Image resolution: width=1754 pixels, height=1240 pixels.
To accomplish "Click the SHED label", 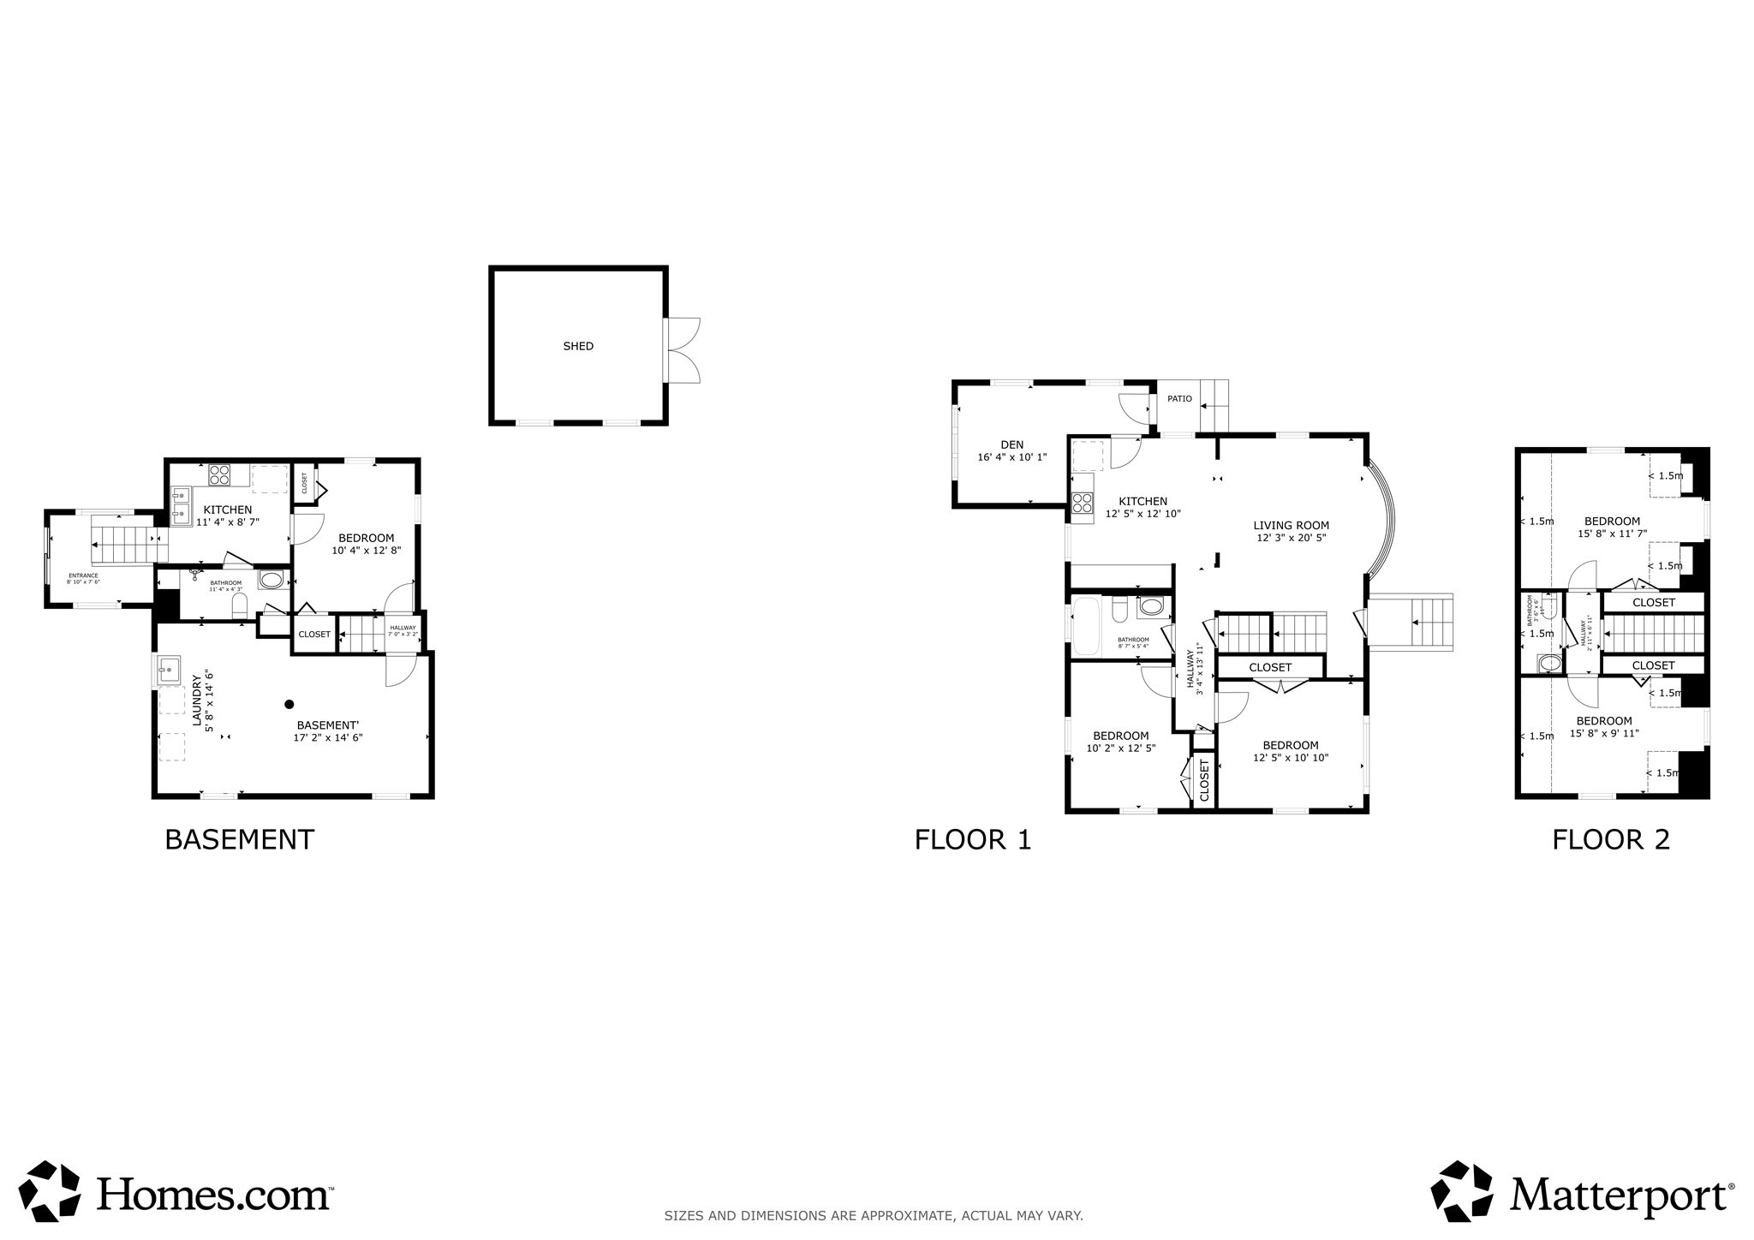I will (x=578, y=347).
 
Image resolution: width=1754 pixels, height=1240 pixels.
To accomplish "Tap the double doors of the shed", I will (x=683, y=349).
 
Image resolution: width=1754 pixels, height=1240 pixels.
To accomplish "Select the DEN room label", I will (x=1012, y=444).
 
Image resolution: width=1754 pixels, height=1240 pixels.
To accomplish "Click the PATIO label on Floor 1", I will (x=1179, y=399).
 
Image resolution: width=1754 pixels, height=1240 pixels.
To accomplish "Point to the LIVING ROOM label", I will (x=1291, y=526).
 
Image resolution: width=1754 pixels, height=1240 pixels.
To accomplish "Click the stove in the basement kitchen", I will (x=220, y=474).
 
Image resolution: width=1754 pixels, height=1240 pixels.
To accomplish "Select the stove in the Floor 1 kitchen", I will (x=1083, y=503).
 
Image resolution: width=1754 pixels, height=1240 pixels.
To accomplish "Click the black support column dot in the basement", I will (x=289, y=704).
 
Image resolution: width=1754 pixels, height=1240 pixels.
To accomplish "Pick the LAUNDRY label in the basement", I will (x=197, y=700).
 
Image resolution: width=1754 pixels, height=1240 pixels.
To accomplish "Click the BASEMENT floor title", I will (x=239, y=839).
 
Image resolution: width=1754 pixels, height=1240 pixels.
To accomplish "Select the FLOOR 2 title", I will (x=1610, y=839).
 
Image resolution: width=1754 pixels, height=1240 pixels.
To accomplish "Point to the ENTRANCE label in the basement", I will (x=83, y=575).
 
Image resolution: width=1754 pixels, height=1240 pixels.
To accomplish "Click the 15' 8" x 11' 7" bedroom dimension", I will (x=1612, y=534).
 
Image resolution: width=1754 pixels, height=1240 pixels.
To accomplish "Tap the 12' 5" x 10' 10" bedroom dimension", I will (x=1290, y=758).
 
